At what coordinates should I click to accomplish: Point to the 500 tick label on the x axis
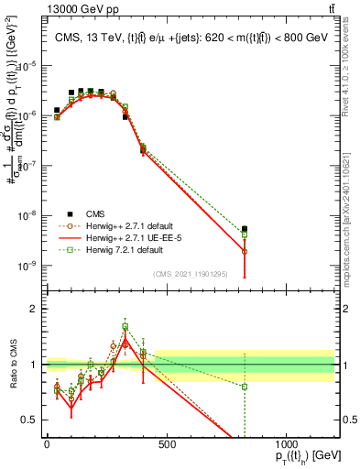point(167,443)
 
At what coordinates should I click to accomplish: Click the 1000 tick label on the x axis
point(287,443)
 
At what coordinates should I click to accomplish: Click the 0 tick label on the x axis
point(47,443)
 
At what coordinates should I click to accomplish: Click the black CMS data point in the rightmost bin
point(245,229)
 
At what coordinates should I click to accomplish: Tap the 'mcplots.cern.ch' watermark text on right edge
point(352,211)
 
